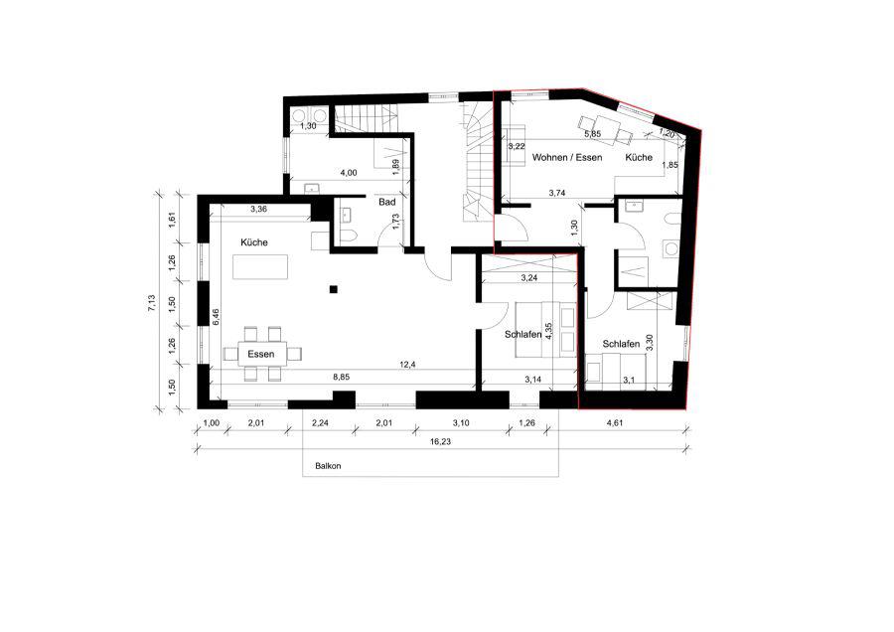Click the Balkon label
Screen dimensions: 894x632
(328, 466)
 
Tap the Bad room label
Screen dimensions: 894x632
(387, 202)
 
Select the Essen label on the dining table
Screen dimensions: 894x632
(261, 354)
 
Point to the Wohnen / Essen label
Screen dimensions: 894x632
(567, 157)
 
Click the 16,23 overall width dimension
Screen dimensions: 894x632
(441, 441)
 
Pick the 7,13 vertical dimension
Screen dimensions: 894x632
(151, 303)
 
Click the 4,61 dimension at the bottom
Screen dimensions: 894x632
(614, 422)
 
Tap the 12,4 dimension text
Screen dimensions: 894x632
(407, 365)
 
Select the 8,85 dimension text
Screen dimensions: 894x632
(342, 377)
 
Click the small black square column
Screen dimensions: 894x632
(334, 289)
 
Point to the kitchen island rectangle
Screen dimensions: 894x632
(260, 267)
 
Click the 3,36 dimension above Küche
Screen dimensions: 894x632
(259, 209)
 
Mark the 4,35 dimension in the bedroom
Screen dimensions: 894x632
(548, 331)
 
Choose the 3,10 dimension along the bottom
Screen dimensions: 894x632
(461, 422)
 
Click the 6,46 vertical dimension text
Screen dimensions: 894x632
(216, 318)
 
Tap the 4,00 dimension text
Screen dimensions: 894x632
(349, 172)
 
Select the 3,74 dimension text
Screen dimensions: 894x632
(557, 193)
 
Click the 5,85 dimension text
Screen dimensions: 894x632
(593, 134)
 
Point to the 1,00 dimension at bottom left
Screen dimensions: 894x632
(212, 422)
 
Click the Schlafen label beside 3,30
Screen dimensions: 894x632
(621, 344)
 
